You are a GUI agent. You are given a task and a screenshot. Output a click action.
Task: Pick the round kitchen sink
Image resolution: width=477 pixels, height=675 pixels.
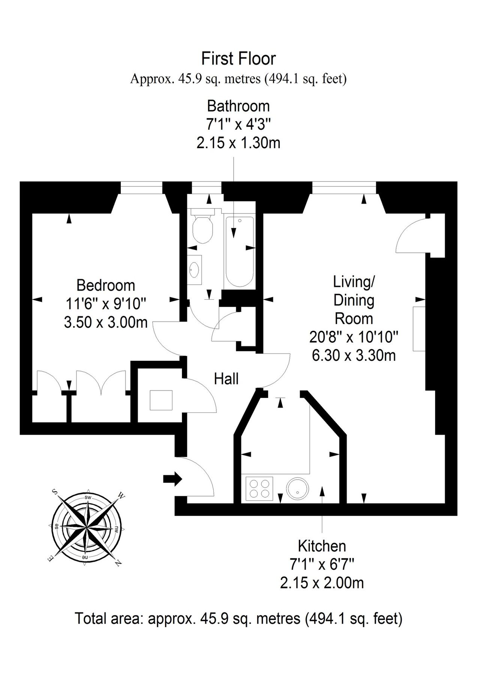298,488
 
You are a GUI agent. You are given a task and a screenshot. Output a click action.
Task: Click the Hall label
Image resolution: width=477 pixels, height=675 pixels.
226,379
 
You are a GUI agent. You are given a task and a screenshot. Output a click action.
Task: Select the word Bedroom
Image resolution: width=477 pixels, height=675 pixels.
106,285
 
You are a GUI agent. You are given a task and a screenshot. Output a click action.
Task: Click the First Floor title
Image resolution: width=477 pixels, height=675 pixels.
238,58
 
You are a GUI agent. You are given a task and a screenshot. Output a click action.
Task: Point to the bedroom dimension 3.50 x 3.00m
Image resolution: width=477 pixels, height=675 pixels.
106,322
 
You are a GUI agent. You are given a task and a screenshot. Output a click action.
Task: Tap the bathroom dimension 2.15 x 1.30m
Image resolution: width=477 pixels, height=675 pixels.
238,143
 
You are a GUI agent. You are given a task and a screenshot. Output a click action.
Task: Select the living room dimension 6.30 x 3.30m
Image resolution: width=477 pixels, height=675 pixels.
354,355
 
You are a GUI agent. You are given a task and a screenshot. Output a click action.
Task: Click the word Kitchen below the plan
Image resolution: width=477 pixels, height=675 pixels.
322,546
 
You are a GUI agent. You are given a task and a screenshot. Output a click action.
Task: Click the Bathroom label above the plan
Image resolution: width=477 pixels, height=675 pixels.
238,106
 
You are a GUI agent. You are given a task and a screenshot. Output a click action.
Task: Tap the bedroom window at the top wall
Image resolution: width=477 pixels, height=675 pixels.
141,187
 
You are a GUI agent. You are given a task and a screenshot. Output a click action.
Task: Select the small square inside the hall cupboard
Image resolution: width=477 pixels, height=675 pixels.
161,400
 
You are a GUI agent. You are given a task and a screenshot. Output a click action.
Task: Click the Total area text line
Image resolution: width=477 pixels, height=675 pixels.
238,618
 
